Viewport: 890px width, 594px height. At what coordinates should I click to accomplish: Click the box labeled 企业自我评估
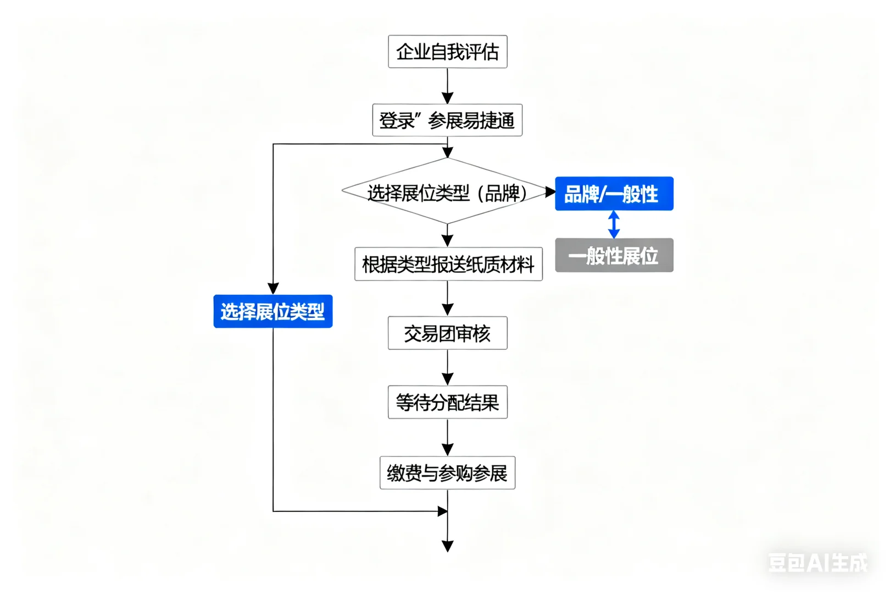tap(447, 52)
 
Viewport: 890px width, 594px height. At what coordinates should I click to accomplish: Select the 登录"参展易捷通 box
tap(447, 120)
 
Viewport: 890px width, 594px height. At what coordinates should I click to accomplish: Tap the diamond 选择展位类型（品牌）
tap(447, 192)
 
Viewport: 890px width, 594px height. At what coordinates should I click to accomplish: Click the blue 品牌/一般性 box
tap(614, 194)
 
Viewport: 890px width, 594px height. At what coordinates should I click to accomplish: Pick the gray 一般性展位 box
tap(614, 255)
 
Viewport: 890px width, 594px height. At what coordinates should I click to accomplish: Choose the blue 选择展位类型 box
tap(272, 311)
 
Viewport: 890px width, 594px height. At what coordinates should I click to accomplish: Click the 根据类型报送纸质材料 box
tap(448, 265)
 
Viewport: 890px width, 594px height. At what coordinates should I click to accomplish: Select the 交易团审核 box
tap(447, 333)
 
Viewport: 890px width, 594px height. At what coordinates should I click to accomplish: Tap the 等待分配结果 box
tap(447, 403)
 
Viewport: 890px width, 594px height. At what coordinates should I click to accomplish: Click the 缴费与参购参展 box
tap(447, 473)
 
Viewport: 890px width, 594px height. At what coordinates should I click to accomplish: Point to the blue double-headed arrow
tap(614, 224)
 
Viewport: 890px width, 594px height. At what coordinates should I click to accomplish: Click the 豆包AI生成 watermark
tap(817, 562)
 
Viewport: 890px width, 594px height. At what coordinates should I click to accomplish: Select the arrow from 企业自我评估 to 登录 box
tap(447, 86)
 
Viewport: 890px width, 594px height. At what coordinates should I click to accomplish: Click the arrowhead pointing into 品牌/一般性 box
tap(550, 192)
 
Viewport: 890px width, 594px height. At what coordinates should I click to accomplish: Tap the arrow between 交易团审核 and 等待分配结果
tap(447, 368)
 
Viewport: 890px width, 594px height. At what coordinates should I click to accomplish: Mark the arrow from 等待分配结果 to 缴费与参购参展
tap(447, 438)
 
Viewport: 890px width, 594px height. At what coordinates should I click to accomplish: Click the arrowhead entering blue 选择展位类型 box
tap(273, 289)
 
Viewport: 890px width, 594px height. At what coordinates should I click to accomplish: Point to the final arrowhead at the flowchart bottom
tap(447, 546)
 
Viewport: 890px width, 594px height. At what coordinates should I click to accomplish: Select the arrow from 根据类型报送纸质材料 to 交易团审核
tap(447, 299)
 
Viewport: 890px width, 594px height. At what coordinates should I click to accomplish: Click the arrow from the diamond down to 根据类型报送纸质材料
tap(447, 236)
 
